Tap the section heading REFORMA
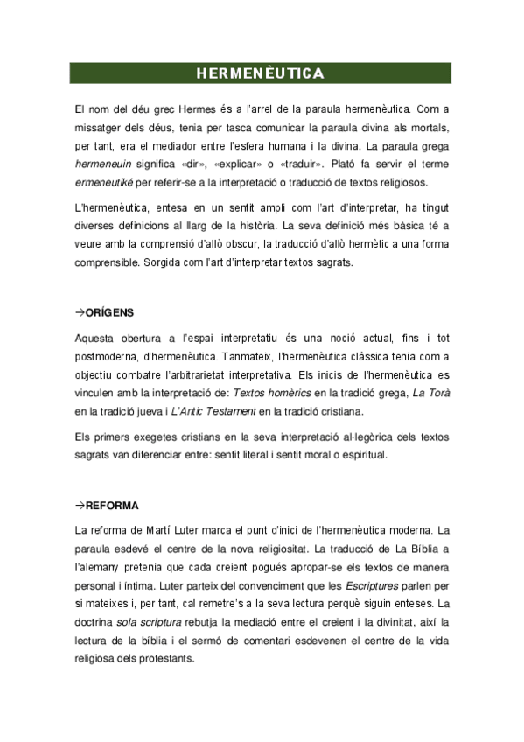point(113,507)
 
